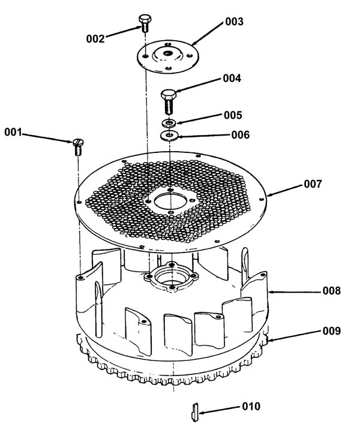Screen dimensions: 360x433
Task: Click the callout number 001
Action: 13,133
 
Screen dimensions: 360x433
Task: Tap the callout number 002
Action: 95,39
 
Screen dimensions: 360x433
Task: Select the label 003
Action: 234,22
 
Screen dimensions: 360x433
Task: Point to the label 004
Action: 232,79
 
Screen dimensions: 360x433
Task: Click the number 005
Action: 233,115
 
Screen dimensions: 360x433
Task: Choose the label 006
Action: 241,135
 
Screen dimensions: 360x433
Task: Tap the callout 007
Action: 313,184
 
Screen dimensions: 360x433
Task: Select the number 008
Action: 332,291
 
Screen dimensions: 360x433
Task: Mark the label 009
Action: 332,331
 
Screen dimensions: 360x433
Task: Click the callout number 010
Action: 251,406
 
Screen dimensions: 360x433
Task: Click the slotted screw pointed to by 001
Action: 79,147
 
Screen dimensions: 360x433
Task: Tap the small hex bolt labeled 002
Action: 145,23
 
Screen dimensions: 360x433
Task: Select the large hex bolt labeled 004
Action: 169,101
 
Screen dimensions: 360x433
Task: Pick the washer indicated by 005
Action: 169,122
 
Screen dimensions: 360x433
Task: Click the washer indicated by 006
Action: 169,136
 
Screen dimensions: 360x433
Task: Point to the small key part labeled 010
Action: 196,412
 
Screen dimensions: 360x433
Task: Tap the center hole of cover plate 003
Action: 166,53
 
